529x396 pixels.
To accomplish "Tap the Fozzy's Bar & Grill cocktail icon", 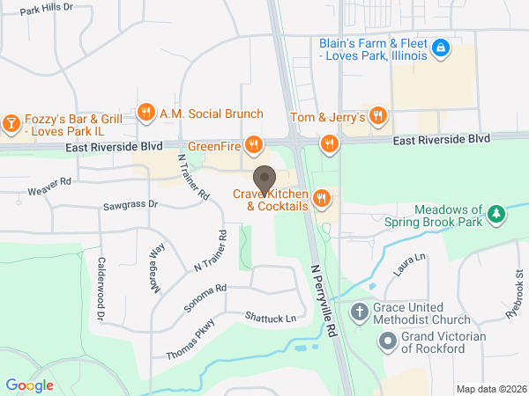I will click(11, 121).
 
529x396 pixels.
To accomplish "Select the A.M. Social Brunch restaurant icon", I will click(146, 113).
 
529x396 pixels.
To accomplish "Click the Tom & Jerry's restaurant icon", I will click(378, 114).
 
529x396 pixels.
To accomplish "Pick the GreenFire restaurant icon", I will click(254, 143).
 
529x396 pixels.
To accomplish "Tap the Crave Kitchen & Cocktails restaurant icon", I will click(322, 199).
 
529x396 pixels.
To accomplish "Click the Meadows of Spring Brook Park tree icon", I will click(497, 214).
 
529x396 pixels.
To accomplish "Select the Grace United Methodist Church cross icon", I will click(359, 311).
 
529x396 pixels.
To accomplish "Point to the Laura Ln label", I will click(410, 263).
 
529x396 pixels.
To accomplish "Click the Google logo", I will click(30, 385).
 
